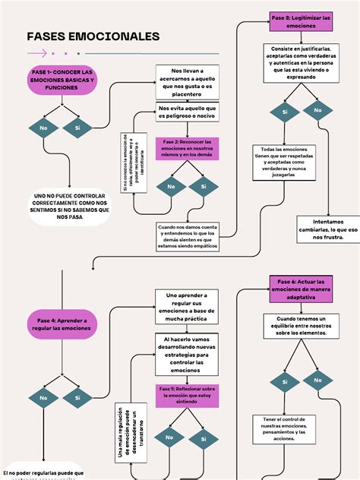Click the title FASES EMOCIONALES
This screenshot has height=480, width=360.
coord(93,36)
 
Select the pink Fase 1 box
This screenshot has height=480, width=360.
coord(62,80)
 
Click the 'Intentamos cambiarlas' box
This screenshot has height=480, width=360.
coord(326,229)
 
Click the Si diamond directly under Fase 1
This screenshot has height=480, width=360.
coord(77,128)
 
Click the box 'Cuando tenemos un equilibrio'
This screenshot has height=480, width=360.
coord(301,327)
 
